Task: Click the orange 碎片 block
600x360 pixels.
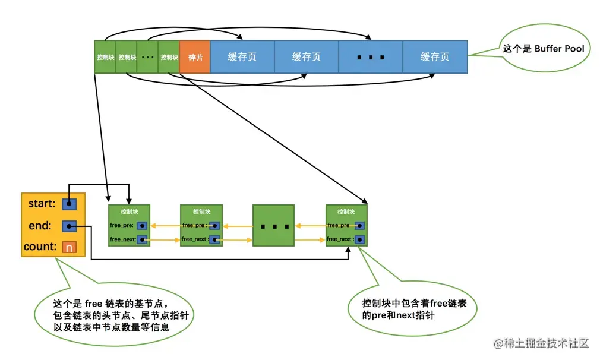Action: click(195, 57)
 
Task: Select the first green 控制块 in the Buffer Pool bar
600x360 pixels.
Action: click(105, 57)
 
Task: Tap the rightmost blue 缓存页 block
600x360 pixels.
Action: click(435, 57)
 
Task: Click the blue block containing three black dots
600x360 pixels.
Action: click(370, 57)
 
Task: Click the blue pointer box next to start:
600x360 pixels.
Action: click(70, 204)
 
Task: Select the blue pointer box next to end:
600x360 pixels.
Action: click(70, 226)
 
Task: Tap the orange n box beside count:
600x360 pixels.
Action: click(69, 247)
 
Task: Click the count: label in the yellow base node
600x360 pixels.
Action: click(40, 247)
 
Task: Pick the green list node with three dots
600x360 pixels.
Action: click(273, 226)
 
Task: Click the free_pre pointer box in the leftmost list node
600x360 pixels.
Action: click(142, 225)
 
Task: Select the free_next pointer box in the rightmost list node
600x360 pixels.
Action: click(359, 239)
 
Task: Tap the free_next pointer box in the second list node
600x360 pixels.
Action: click(214, 239)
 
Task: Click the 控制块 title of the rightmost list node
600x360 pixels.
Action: click(346, 211)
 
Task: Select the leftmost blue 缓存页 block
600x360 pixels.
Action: click(242, 57)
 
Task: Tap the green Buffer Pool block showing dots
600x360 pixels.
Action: click(147, 57)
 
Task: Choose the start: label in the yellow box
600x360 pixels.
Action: click(42, 204)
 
